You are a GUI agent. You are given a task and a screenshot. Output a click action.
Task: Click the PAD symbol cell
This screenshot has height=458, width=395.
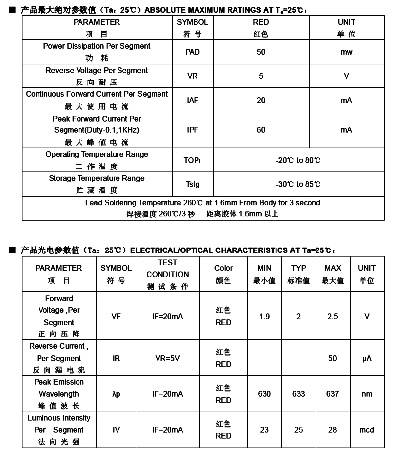[193, 52]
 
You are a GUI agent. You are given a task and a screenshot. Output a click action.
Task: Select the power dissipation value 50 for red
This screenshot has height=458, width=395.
[261, 52]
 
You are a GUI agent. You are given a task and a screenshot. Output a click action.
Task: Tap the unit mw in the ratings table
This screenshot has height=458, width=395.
[346, 52]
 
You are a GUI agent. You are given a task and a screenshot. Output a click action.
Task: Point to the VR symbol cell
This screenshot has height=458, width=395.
[193, 76]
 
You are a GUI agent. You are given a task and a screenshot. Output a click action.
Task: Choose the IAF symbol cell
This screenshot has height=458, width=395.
[193, 100]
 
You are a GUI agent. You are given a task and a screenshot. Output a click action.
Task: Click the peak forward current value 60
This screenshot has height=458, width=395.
[261, 130]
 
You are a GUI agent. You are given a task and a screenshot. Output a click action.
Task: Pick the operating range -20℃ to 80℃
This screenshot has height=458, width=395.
[298, 160]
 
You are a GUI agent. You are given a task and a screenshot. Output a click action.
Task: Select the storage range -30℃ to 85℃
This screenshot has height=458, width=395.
[298, 184]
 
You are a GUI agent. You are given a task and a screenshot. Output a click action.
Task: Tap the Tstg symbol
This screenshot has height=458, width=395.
[193, 184]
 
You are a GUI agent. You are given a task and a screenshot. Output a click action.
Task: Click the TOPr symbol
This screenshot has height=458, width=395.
[193, 160]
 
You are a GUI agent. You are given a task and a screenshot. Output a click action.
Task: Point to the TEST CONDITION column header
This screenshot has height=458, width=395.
[167, 274]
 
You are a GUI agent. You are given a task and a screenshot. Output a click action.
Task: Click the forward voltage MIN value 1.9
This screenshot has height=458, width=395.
[264, 316]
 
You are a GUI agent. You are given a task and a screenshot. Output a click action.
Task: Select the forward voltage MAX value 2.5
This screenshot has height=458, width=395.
[333, 316]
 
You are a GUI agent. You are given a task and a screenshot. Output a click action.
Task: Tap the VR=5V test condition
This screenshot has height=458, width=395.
[167, 358]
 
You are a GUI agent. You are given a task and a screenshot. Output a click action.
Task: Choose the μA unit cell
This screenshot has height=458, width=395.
[367, 358]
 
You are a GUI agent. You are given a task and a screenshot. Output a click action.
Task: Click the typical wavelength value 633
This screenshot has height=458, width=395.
[298, 394]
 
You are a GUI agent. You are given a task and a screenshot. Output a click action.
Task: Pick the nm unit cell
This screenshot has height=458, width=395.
[367, 394]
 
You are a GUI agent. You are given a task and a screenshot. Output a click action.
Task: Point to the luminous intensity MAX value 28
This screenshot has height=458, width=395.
[333, 430]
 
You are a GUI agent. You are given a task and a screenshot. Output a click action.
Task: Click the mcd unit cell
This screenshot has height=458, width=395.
[367, 430]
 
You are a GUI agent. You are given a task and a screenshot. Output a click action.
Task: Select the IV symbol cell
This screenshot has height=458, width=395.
[116, 430]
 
